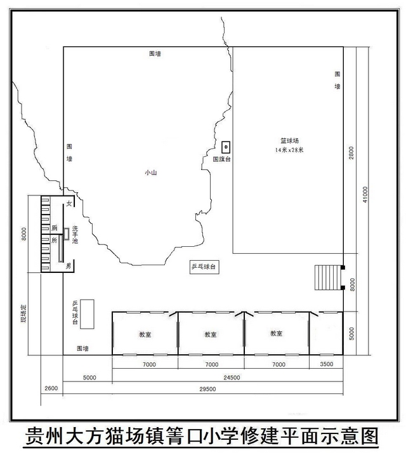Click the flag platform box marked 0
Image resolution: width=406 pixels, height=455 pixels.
226,147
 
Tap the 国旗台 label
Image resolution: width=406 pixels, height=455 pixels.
222,159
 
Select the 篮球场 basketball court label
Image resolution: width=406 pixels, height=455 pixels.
289,141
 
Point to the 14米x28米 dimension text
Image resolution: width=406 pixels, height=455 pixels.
289,150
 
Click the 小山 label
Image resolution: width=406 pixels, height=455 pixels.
151,173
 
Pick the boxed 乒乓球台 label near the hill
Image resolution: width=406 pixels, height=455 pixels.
204,267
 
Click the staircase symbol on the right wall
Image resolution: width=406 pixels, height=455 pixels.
328,277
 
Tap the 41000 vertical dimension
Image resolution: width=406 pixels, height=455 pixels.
365,194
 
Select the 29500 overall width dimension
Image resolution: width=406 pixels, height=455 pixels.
207,389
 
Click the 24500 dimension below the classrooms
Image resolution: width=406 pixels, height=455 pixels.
232,378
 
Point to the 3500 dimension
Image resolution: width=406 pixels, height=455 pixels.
327,364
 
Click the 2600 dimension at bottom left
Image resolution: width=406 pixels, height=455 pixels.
51,388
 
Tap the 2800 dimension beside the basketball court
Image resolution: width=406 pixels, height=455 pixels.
351,153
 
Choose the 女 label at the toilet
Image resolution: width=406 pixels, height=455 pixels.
69,204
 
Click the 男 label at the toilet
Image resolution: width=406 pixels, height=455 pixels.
69,265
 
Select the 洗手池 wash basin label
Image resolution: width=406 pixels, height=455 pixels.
75,235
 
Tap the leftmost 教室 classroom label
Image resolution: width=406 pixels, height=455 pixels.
145,334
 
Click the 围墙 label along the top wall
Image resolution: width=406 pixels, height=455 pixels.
155,54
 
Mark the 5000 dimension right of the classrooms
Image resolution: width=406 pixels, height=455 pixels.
351,334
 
